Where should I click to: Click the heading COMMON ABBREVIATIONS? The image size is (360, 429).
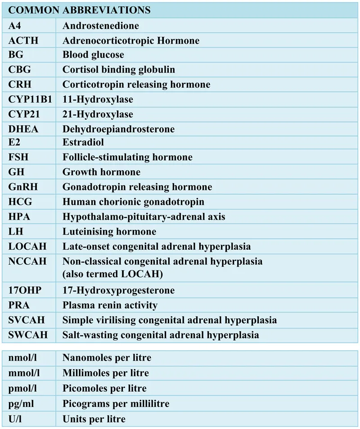[79, 10]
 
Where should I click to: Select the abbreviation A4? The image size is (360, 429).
[15, 26]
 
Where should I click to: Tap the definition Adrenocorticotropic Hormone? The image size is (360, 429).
[131, 41]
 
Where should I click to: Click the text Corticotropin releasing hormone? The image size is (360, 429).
[136, 84]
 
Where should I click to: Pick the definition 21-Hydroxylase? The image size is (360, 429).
[98, 114]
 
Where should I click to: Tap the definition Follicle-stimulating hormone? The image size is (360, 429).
[127, 157]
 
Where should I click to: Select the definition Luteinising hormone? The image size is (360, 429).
[109, 231]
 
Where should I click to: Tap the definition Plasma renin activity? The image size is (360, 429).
[110, 305]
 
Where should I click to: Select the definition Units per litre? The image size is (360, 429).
[94, 419]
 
